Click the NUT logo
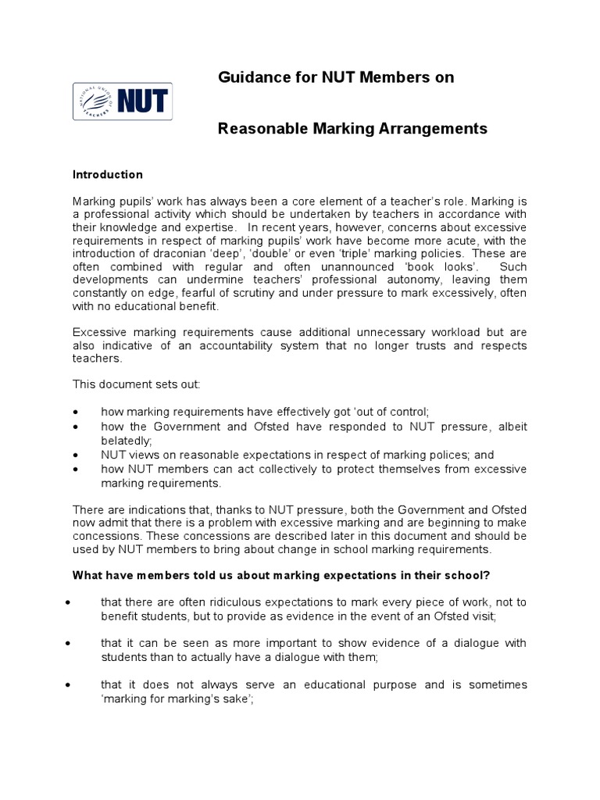[x=123, y=102]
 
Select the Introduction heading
[x=108, y=175]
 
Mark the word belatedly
[x=125, y=441]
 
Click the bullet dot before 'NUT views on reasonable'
[x=75, y=455]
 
